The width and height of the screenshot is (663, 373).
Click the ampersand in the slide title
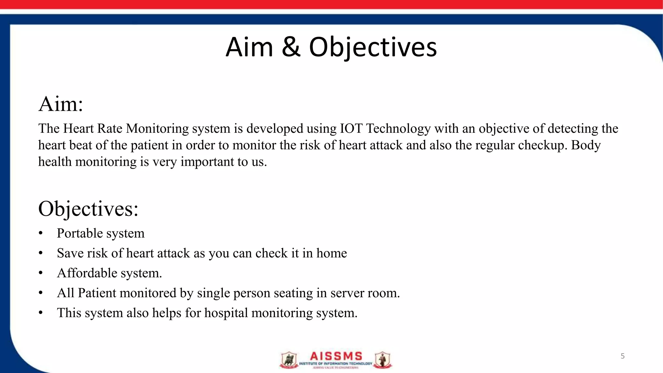[291, 47]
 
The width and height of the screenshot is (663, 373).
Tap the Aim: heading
[61, 104]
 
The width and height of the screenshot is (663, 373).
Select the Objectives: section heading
[88, 209]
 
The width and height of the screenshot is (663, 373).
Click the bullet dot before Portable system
[40, 233]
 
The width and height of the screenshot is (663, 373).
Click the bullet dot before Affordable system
[40, 273]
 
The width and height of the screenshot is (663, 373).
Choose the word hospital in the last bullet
[226, 313]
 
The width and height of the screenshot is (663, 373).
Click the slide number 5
[623, 356]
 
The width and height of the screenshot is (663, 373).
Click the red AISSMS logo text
[336, 356]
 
